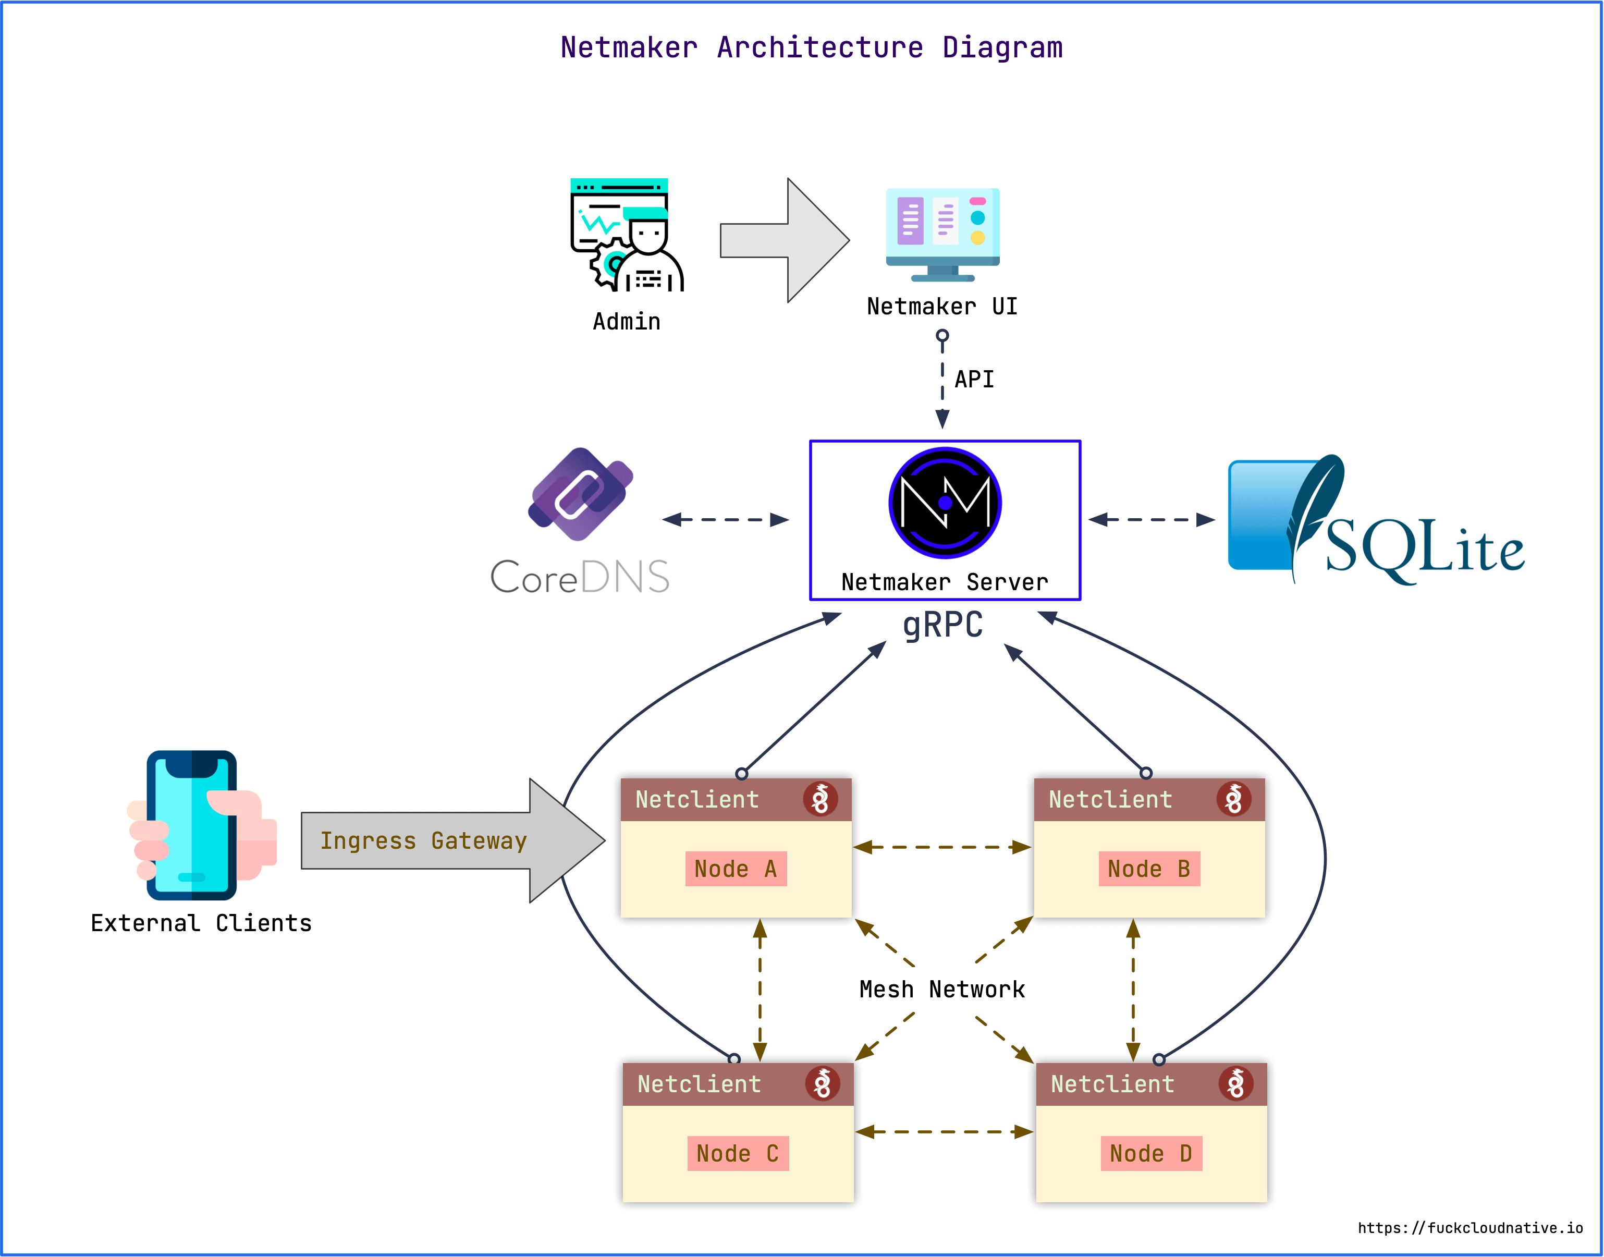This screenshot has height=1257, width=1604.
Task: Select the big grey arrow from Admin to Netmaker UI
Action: point(785,240)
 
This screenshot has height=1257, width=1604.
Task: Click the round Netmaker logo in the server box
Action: point(945,503)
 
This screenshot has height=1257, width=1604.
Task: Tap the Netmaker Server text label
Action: point(945,582)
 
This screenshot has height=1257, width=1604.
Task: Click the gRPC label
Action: point(942,625)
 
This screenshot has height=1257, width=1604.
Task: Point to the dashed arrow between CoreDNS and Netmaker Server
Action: point(726,520)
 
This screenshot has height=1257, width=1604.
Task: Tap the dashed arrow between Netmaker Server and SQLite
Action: point(1152,520)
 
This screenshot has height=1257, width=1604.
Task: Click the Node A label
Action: point(736,869)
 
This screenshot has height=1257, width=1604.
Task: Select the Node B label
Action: point(1148,869)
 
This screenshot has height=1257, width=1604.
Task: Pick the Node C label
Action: point(737,1153)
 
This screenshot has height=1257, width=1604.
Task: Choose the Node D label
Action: point(1151,1153)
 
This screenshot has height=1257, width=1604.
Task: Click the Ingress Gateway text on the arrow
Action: point(424,840)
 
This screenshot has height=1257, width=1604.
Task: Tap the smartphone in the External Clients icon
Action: point(191,825)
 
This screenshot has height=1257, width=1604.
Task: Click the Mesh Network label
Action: point(942,989)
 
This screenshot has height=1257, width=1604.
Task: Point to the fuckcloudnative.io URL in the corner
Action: point(1470,1228)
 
